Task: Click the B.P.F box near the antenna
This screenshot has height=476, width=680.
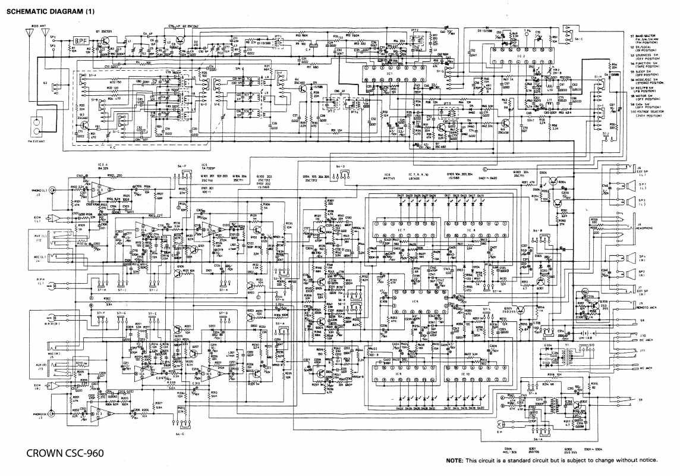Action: pos(80,40)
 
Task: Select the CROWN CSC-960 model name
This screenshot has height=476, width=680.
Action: pos(65,453)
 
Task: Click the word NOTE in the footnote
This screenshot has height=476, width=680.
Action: pos(455,461)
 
